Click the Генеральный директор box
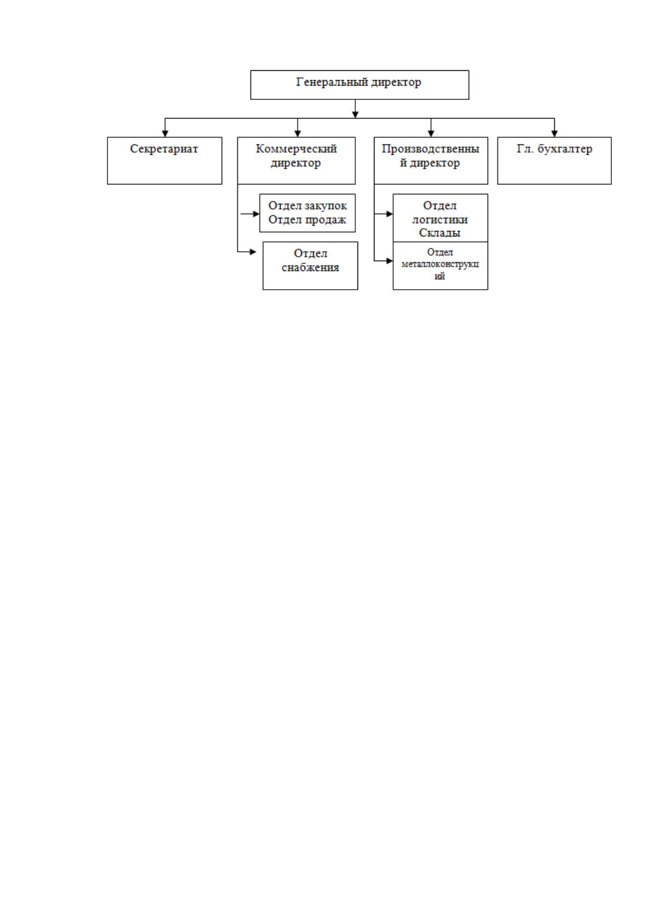360,84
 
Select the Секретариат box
164,160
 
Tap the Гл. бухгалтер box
554,160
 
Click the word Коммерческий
296,149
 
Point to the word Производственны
430,149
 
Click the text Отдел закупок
308,205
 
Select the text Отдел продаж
307,219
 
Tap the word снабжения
310,267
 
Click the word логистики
440,219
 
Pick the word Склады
440,233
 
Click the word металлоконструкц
440,264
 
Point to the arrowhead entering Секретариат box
165,134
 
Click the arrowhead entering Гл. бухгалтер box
554,134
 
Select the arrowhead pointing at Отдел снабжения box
253,252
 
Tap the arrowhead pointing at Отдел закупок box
256,213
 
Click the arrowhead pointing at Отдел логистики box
390,213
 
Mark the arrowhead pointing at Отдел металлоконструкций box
390,261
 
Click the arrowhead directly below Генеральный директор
355,115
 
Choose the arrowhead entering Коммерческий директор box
298,134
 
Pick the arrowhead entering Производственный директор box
431,134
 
